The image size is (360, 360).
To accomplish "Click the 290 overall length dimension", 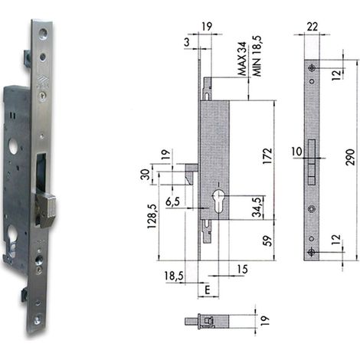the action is [350, 157].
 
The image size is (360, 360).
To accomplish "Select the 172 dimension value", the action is [267, 155].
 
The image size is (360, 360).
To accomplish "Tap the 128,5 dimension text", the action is [152, 216].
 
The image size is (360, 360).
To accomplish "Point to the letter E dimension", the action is [208, 290].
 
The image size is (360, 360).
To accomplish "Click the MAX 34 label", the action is [242, 59].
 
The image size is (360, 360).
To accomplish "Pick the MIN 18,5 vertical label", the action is [257, 56].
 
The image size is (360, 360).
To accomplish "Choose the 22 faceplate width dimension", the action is [313, 26].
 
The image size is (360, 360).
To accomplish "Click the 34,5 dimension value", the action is [257, 207].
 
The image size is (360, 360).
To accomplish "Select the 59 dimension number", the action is [267, 241].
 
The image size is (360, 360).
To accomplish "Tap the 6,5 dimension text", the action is [172, 201].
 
